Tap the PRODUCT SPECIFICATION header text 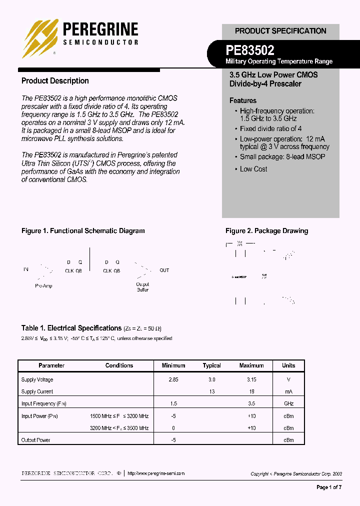(280, 31)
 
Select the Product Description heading (55, 81)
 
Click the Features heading (243, 100)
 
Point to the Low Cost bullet (253, 169)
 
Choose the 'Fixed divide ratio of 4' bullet (270, 128)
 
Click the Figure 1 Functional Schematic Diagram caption (83, 231)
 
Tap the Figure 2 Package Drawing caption (266, 231)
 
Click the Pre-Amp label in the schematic (43, 286)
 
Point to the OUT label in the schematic (164, 270)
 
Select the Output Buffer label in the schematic (142, 287)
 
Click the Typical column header (211, 365)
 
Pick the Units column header (288, 365)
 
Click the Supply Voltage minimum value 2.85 (173, 380)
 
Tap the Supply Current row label (37, 392)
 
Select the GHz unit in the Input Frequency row (288, 403)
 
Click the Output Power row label (35, 440)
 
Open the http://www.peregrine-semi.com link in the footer (156, 473)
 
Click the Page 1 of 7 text (329, 487)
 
